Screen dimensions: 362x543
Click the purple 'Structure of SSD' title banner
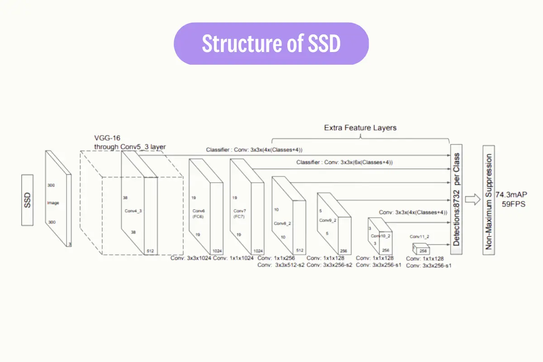[x=271, y=44]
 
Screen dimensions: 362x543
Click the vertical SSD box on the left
[x=27, y=200]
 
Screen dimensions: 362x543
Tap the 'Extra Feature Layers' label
[x=360, y=128]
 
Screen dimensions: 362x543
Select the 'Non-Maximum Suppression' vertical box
[x=488, y=200]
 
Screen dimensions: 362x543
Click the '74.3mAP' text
[x=511, y=194]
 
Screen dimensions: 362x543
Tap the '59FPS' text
[x=514, y=204]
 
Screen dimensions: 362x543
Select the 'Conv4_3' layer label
[x=133, y=211]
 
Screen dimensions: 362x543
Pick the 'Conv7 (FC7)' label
[x=239, y=214]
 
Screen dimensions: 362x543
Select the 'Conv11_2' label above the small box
[x=419, y=236]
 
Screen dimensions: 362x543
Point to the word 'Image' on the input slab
[x=53, y=203]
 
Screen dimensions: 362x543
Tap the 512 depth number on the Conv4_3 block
[x=151, y=251]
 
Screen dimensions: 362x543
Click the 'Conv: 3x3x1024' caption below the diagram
[x=191, y=258]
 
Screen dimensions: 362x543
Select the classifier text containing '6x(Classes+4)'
[x=345, y=162]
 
